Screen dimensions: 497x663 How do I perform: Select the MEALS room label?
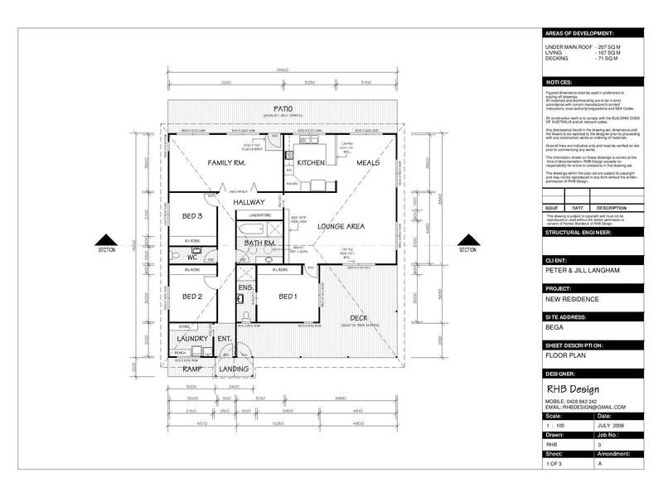point(368,163)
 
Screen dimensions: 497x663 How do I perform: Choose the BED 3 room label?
point(193,217)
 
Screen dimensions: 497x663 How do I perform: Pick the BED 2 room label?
point(193,297)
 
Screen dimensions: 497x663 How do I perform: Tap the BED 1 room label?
point(287,297)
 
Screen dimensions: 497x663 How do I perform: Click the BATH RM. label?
point(259,242)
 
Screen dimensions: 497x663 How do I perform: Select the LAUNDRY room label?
point(190,340)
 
